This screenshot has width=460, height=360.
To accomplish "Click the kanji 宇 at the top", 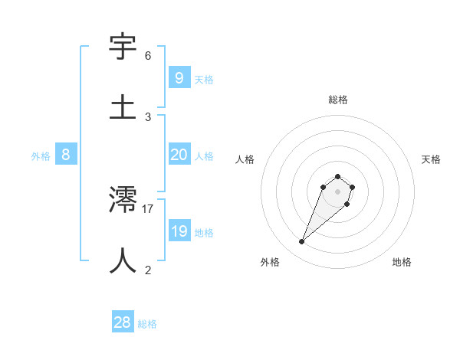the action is click(123, 47).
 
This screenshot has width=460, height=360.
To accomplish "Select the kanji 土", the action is click(123, 107).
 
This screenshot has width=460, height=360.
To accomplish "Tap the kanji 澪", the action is click(123, 200).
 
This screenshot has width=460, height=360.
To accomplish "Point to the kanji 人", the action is click(123, 260).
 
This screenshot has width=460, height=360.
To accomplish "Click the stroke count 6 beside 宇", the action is click(148, 56).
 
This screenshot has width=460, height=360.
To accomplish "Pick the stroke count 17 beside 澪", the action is click(148, 208).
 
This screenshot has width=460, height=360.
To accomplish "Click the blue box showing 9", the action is click(179, 77).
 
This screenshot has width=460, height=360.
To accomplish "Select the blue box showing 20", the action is click(179, 155).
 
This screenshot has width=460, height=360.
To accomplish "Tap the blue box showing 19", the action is click(179, 231).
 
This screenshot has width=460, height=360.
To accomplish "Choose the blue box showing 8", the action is click(66, 155).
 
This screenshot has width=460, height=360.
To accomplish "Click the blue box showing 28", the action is click(123, 322).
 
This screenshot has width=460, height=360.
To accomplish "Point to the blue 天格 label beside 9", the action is click(204, 80).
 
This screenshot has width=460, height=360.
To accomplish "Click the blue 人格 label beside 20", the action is click(204, 156).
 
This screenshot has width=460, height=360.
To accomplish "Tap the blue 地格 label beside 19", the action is click(204, 233).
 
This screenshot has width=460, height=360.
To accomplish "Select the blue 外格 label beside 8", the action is click(41, 156).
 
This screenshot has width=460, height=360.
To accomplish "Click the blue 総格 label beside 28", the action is click(147, 324).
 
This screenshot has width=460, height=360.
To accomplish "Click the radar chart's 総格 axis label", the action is click(337, 100).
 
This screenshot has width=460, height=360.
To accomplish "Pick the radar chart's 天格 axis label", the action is click(431, 159).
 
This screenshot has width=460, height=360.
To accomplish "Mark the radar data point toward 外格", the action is click(302, 242).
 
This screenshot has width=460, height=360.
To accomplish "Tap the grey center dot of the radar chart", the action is click(337, 191).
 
